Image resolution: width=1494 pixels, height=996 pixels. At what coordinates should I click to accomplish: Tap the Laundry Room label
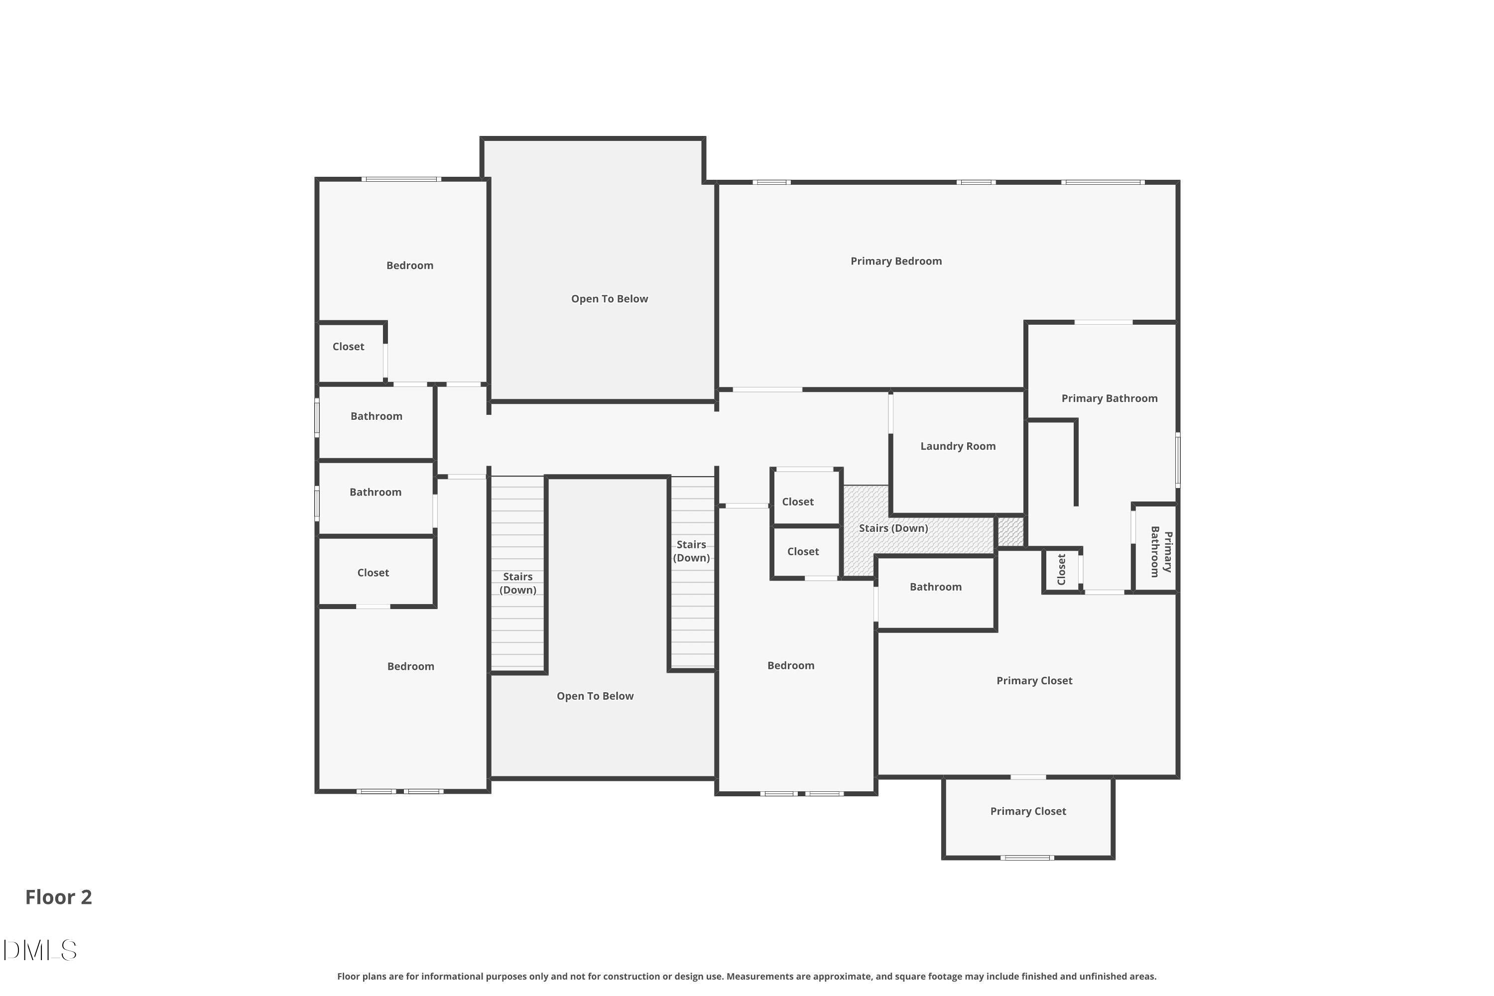[957, 446]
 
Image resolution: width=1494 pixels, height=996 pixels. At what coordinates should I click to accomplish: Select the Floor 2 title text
[58, 897]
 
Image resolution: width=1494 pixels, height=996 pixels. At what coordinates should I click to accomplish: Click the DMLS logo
[39, 950]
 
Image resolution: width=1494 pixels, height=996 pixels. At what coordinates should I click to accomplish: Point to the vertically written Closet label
[1061, 569]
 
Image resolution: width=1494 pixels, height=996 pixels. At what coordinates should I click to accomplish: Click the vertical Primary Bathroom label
[1160, 551]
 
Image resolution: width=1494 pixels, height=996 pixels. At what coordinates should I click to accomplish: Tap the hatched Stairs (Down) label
[893, 528]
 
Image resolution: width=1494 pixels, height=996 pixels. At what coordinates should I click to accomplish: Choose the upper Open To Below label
[609, 298]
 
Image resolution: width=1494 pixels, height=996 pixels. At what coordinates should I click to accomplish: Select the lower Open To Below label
[595, 696]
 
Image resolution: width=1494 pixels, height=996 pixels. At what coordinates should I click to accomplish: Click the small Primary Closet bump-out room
[1028, 819]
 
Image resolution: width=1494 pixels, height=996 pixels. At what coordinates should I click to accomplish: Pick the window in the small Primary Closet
[1027, 858]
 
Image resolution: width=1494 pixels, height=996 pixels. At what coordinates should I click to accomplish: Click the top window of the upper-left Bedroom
[401, 179]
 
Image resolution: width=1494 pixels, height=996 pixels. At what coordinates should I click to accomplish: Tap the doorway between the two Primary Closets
[1028, 777]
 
